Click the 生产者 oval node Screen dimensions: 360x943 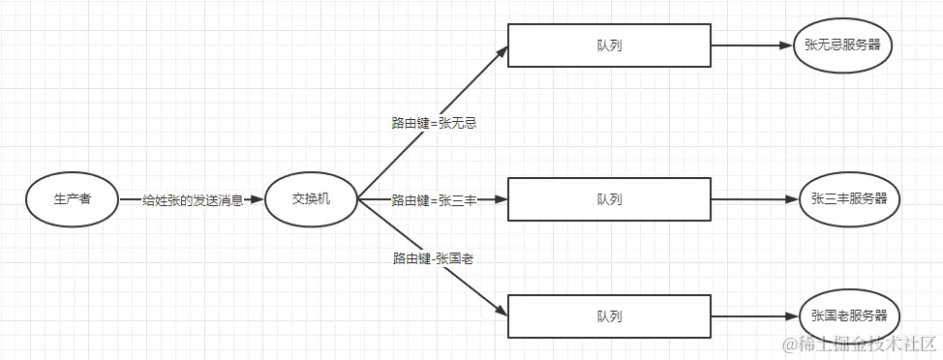[x=73, y=199]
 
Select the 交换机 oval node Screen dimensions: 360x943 [x=312, y=199]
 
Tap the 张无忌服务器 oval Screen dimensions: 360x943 [x=841, y=45]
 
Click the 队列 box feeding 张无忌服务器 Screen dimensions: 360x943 [x=609, y=45]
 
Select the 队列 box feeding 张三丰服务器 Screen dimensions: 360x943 [x=609, y=199]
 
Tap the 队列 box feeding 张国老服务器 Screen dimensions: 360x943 [x=609, y=316]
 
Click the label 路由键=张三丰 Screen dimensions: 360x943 [x=435, y=200]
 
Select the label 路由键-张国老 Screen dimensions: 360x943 [x=433, y=258]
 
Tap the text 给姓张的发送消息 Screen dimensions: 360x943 [x=193, y=200]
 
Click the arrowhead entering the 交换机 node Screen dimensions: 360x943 [x=257, y=199]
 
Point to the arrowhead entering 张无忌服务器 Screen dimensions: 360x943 [x=785, y=45]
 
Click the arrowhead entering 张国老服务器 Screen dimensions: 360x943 [x=792, y=316]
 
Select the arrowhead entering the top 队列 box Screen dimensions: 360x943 [x=502, y=51]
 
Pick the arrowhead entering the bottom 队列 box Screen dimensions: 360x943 [x=502, y=311]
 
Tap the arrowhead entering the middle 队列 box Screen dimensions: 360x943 [x=501, y=199]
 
